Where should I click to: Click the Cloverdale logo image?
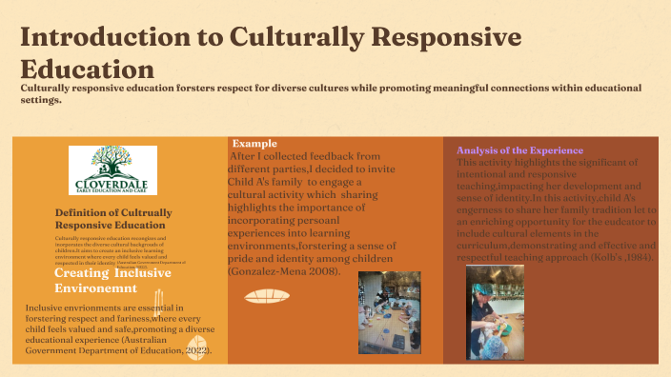coord(112,170)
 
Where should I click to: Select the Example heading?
coord(249,143)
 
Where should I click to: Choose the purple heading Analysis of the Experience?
coord(519,150)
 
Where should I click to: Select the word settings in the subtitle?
coord(41,100)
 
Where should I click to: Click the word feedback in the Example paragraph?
coord(354,156)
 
